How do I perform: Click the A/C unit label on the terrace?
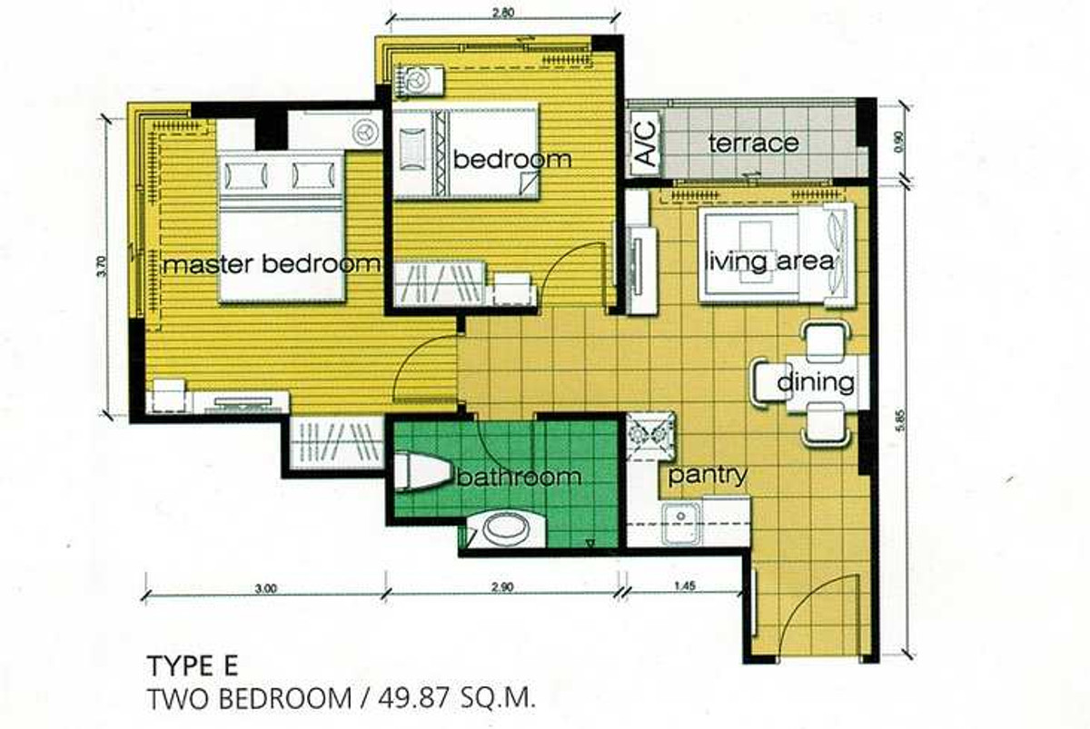pyautogui.click(x=647, y=143)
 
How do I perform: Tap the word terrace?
pyautogui.click(x=753, y=143)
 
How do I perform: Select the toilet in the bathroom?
pyautogui.click(x=421, y=471)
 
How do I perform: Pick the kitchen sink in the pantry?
pyautogui.click(x=681, y=524)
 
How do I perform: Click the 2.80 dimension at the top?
pyautogui.click(x=503, y=13)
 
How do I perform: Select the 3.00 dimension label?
pyautogui.click(x=265, y=588)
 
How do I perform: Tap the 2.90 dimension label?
pyautogui.click(x=501, y=587)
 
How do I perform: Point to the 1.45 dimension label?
pyautogui.click(x=685, y=586)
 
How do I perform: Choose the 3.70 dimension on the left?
pyautogui.click(x=101, y=266)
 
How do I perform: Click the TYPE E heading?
pyautogui.click(x=193, y=665)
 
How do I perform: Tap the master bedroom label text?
pyautogui.click(x=271, y=264)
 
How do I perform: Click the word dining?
pyautogui.click(x=816, y=382)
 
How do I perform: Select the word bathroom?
pyautogui.click(x=520, y=477)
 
